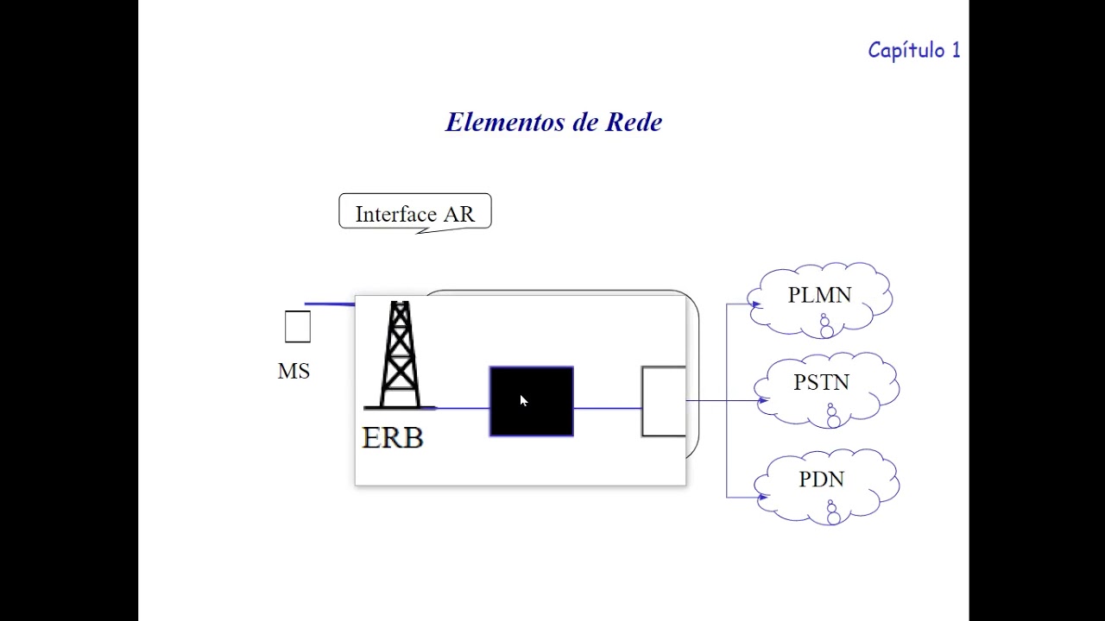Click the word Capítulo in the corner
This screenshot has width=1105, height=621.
pos(906,50)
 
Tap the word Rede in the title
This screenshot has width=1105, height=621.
pos(634,122)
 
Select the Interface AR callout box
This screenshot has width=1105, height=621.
pos(414,212)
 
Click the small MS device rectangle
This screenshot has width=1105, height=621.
pos(297,327)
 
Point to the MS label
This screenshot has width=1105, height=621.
pos(294,372)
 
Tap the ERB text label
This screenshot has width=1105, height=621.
pos(393,438)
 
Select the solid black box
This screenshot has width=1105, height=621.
pos(531,401)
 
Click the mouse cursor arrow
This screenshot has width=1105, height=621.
pos(523,400)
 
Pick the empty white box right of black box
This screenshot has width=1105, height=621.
pos(663,401)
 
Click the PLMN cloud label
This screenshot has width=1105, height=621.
pos(819,295)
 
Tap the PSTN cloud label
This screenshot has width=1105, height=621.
pos(821,383)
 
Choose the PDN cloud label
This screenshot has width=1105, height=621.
pos(821,480)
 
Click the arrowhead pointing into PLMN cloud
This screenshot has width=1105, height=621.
pos(755,304)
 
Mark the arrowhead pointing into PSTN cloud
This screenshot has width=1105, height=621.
pos(762,400)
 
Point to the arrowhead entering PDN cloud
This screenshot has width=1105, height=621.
pos(762,497)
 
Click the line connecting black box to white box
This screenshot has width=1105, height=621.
pos(607,408)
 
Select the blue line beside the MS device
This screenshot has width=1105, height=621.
pos(330,304)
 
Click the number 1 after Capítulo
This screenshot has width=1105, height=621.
pos(956,50)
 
